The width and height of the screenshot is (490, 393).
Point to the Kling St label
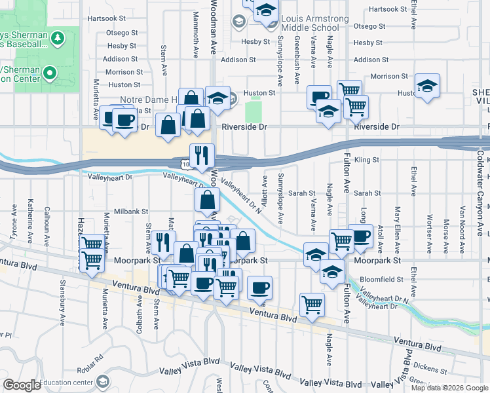pyautogui.click(x=367, y=160)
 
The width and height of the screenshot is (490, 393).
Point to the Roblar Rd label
pyautogui.click(x=94, y=359)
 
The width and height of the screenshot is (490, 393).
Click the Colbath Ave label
pyautogui.click(x=140, y=315)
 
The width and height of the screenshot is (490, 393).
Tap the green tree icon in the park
pyautogui.click(x=58, y=38)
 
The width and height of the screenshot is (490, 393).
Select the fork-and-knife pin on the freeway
pyautogui.click(x=202, y=155)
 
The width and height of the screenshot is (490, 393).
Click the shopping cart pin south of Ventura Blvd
pyautogui.click(x=312, y=303)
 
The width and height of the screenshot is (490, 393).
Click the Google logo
pyautogui.click(x=22, y=385)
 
